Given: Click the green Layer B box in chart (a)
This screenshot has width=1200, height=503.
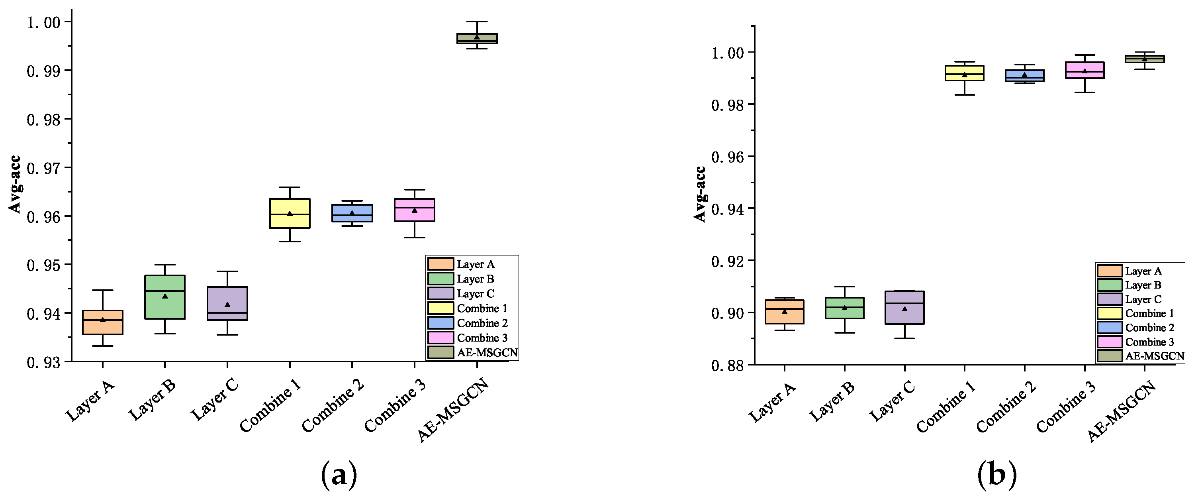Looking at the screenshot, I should point(164,297).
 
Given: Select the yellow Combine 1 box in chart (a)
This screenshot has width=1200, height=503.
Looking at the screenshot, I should point(290,214).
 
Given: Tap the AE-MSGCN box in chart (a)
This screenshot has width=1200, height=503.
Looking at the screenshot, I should point(477,39).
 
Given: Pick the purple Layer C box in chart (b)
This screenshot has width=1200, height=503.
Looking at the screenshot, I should point(904,308).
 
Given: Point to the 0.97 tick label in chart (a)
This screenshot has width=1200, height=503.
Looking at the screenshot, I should point(43,168).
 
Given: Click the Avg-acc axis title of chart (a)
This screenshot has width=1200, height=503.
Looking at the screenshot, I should point(16,185).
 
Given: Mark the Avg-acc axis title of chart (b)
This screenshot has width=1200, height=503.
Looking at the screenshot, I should point(700,195).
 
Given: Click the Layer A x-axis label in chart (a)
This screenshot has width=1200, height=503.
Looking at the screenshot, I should point(90,400).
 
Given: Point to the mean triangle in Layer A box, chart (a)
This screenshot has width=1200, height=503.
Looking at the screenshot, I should point(102,320).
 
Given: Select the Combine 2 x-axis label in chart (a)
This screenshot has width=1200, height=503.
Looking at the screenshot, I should point(333,406).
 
